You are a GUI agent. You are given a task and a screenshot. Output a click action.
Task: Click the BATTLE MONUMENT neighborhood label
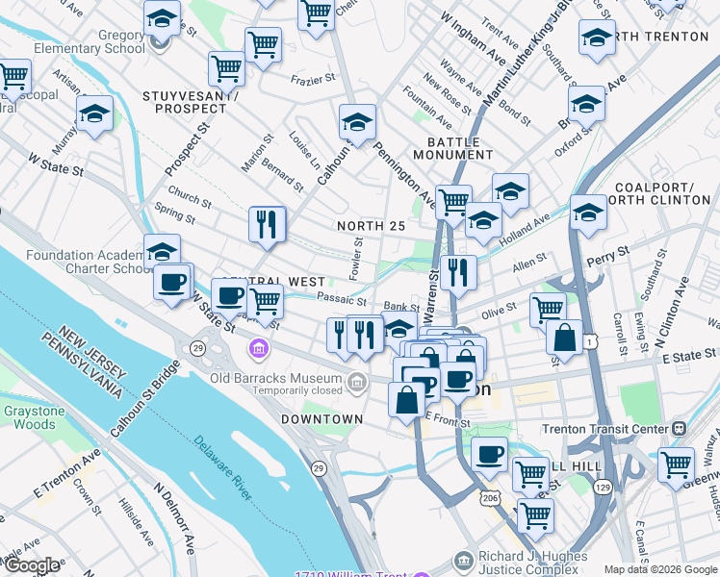tap(452, 148)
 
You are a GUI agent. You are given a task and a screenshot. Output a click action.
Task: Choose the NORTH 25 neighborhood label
tap(369, 225)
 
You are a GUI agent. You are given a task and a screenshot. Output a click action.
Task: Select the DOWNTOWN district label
tap(321, 419)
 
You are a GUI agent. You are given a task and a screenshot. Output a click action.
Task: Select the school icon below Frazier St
tap(357, 122)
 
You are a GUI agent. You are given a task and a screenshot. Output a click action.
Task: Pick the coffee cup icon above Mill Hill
tap(489, 453)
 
